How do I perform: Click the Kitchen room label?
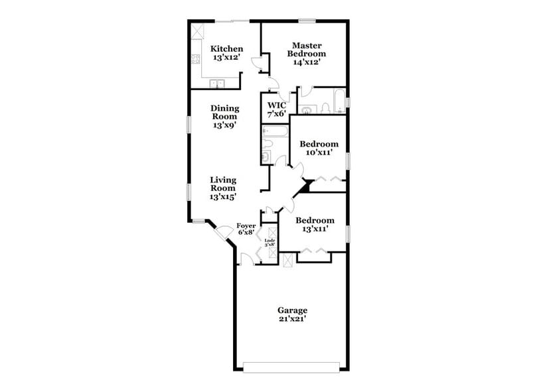click(x=226, y=53)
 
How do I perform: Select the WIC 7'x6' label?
click(x=275, y=109)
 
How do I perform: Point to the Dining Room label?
click(x=224, y=116)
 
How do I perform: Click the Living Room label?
click(x=224, y=187)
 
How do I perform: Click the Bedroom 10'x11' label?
click(x=319, y=148)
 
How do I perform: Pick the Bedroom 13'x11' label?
click(x=315, y=224)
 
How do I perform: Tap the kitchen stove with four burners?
click(x=196, y=59)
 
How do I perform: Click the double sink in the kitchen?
click(x=217, y=84)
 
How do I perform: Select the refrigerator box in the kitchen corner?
click(x=198, y=31)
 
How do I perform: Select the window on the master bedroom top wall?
click(x=307, y=21)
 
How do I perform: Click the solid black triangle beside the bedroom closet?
click(x=305, y=186)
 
